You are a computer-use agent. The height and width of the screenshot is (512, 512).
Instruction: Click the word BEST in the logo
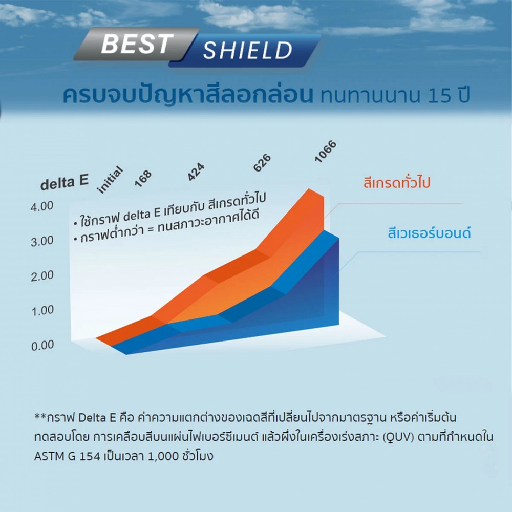(x=137, y=44)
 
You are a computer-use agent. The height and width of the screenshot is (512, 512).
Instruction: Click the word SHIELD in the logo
(x=247, y=50)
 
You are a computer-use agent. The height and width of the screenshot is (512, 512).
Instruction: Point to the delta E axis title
(x=65, y=182)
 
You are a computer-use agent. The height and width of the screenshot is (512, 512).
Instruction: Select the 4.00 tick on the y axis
(x=42, y=206)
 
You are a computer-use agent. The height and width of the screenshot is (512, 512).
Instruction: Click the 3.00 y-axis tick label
(x=42, y=241)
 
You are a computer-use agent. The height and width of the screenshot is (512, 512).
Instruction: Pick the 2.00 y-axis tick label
(x=42, y=276)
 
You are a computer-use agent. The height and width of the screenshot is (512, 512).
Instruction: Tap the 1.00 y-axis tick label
(x=42, y=311)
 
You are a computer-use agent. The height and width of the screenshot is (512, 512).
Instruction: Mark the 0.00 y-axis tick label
(x=42, y=346)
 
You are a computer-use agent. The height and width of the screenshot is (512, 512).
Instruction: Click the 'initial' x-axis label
(x=111, y=180)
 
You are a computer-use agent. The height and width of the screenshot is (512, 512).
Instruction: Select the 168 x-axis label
(x=143, y=179)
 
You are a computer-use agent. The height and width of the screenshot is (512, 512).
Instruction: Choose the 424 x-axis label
(x=196, y=172)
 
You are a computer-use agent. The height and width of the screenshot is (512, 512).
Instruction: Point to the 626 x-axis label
(x=262, y=163)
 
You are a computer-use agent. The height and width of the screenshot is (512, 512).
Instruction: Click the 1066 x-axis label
(x=325, y=152)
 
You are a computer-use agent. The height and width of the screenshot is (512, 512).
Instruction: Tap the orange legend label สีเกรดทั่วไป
(x=397, y=182)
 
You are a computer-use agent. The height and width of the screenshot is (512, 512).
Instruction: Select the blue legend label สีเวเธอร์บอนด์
(x=429, y=233)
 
